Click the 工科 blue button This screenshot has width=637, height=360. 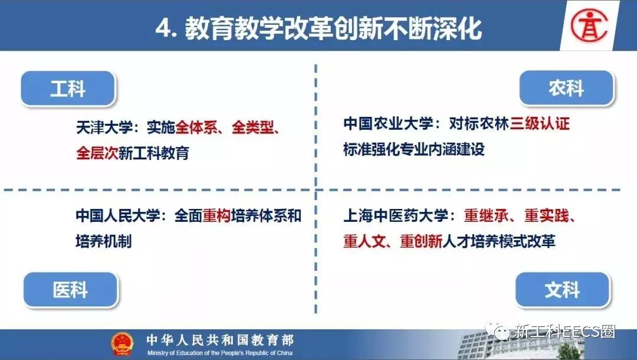pyautogui.click(x=68, y=88)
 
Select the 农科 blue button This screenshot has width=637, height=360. pyautogui.click(x=566, y=88)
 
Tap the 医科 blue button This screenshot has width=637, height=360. pyautogui.click(x=70, y=289)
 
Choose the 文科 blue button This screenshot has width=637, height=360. pyautogui.click(x=563, y=289)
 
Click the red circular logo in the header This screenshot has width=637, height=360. pyautogui.click(x=589, y=25)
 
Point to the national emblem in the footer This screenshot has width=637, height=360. pyautogui.click(x=122, y=343)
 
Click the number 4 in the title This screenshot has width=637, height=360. pyautogui.click(x=163, y=30)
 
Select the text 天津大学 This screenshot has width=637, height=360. pyautogui.click(x=104, y=127)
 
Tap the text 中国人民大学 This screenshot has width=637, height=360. pyautogui.click(x=118, y=215)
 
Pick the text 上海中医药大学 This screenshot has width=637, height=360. pyautogui.click(x=396, y=215)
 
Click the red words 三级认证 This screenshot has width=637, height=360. pyautogui.click(x=540, y=123)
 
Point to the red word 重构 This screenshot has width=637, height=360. pyautogui.click(x=216, y=215)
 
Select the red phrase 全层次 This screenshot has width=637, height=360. pyautogui.click(x=97, y=153)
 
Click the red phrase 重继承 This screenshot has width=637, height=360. pyautogui.click(x=486, y=215)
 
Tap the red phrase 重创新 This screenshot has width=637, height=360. pyautogui.click(x=421, y=241)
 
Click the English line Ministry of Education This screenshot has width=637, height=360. pyautogui.click(x=220, y=353)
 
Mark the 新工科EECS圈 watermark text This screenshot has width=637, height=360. pyautogui.click(x=564, y=332)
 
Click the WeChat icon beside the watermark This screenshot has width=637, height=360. pyautogui.click(x=497, y=331)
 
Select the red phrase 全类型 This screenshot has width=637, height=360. pyautogui.click(x=253, y=127)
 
